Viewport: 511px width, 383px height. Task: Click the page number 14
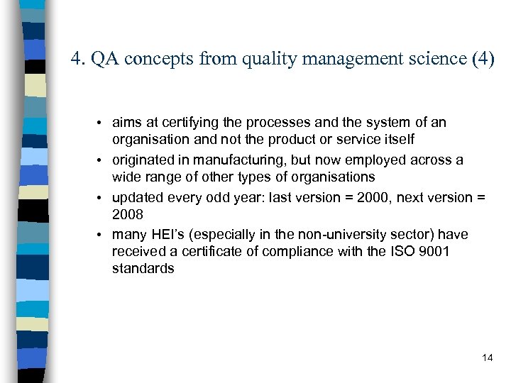487,357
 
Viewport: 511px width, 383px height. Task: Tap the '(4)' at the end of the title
482,59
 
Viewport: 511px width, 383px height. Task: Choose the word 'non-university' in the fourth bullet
317,235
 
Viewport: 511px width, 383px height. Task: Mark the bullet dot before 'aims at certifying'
103,123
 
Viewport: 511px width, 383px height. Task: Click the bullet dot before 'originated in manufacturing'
103,161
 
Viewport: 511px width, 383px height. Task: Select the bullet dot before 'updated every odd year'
103,198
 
